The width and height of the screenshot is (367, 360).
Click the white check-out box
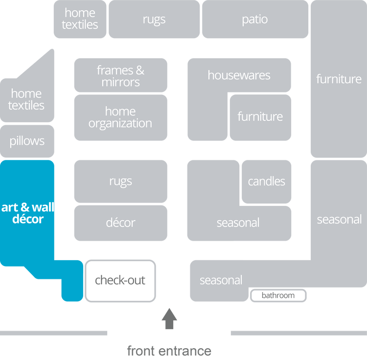(120, 281)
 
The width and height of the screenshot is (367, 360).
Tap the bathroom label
(278, 295)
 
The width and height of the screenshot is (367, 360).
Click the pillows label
(27, 141)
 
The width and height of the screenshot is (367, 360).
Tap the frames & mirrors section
(120, 76)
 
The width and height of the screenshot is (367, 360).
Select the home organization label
(120, 117)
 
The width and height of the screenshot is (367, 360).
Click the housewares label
(239, 75)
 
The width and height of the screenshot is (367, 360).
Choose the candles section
(266, 181)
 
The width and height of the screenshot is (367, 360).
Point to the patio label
(255, 20)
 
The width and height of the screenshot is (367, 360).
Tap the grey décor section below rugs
(120, 223)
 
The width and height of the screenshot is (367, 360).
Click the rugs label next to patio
(154, 20)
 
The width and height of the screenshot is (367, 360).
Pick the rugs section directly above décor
(120, 181)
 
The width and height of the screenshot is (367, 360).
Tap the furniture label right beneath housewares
(260, 117)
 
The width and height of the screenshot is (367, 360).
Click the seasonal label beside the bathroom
(221, 281)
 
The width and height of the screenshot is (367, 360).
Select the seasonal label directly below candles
(238, 223)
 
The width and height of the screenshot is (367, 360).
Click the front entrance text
(169, 351)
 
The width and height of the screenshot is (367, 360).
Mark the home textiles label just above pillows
(26, 99)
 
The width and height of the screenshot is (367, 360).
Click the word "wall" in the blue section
(43, 208)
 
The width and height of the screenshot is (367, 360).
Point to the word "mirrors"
(120, 82)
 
